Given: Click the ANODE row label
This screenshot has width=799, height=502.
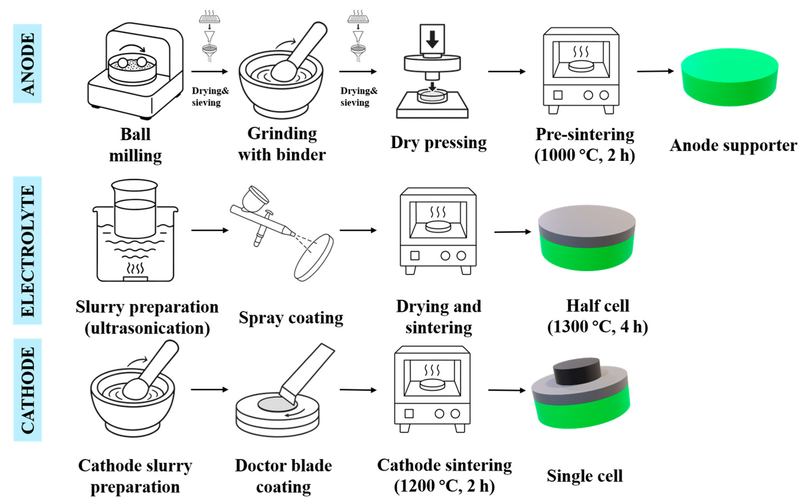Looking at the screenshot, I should (x=28, y=64).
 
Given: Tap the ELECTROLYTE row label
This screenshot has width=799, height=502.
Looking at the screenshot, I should (x=28, y=250).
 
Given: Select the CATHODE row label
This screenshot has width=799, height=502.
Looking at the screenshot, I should (x=28, y=390).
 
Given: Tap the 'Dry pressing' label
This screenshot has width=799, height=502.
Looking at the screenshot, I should (x=438, y=143).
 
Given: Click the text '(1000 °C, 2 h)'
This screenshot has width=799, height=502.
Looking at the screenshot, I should (x=585, y=155).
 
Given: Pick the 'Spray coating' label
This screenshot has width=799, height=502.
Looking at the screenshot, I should (x=291, y=318).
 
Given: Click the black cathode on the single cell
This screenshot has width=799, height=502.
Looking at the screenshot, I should (x=577, y=371).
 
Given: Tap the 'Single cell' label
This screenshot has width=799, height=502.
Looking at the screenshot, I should (x=585, y=476).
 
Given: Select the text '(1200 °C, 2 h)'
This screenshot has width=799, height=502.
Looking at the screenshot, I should (x=444, y=486).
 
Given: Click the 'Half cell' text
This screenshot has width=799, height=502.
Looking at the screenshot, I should (x=597, y=306).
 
